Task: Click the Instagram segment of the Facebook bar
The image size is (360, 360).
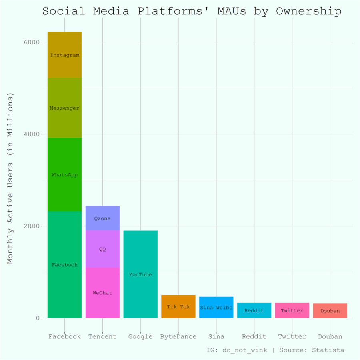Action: pyautogui.click(x=64, y=55)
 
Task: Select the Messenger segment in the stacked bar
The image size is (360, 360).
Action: pyautogui.click(x=64, y=108)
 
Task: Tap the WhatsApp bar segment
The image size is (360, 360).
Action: pyautogui.click(x=64, y=174)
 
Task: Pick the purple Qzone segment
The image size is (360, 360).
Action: pyautogui.click(x=102, y=218)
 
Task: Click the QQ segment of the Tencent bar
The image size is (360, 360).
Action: pyautogui.click(x=102, y=249)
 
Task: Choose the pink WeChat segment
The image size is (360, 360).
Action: pyautogui.click(x=102, y=293)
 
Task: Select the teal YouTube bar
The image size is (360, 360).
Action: pyautogui.click(x=140, y=274)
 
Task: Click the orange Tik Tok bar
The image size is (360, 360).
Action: pyautogui.click(x=178, y=306)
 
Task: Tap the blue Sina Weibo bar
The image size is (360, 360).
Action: pyautogui.click(x=216, y=307)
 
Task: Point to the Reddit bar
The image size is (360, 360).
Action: pyautogui.click(x=254, y=310)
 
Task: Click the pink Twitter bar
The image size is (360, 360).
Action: pyautogui.click(x=292, y=310)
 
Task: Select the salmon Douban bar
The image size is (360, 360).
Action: pyautogui.click(x=330, y=311)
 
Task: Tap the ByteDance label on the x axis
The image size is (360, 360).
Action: pyautogui.click(x=178, y=336)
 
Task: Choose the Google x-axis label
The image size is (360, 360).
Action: pyautogui.click(x=140, y=336)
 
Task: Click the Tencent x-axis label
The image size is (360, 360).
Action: pyautogui.click(x=102, y=336)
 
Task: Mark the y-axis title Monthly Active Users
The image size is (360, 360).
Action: pyautogui.click(x=10, y=178)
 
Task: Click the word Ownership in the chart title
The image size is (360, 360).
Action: pyautogui.click(x=309, y=11)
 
